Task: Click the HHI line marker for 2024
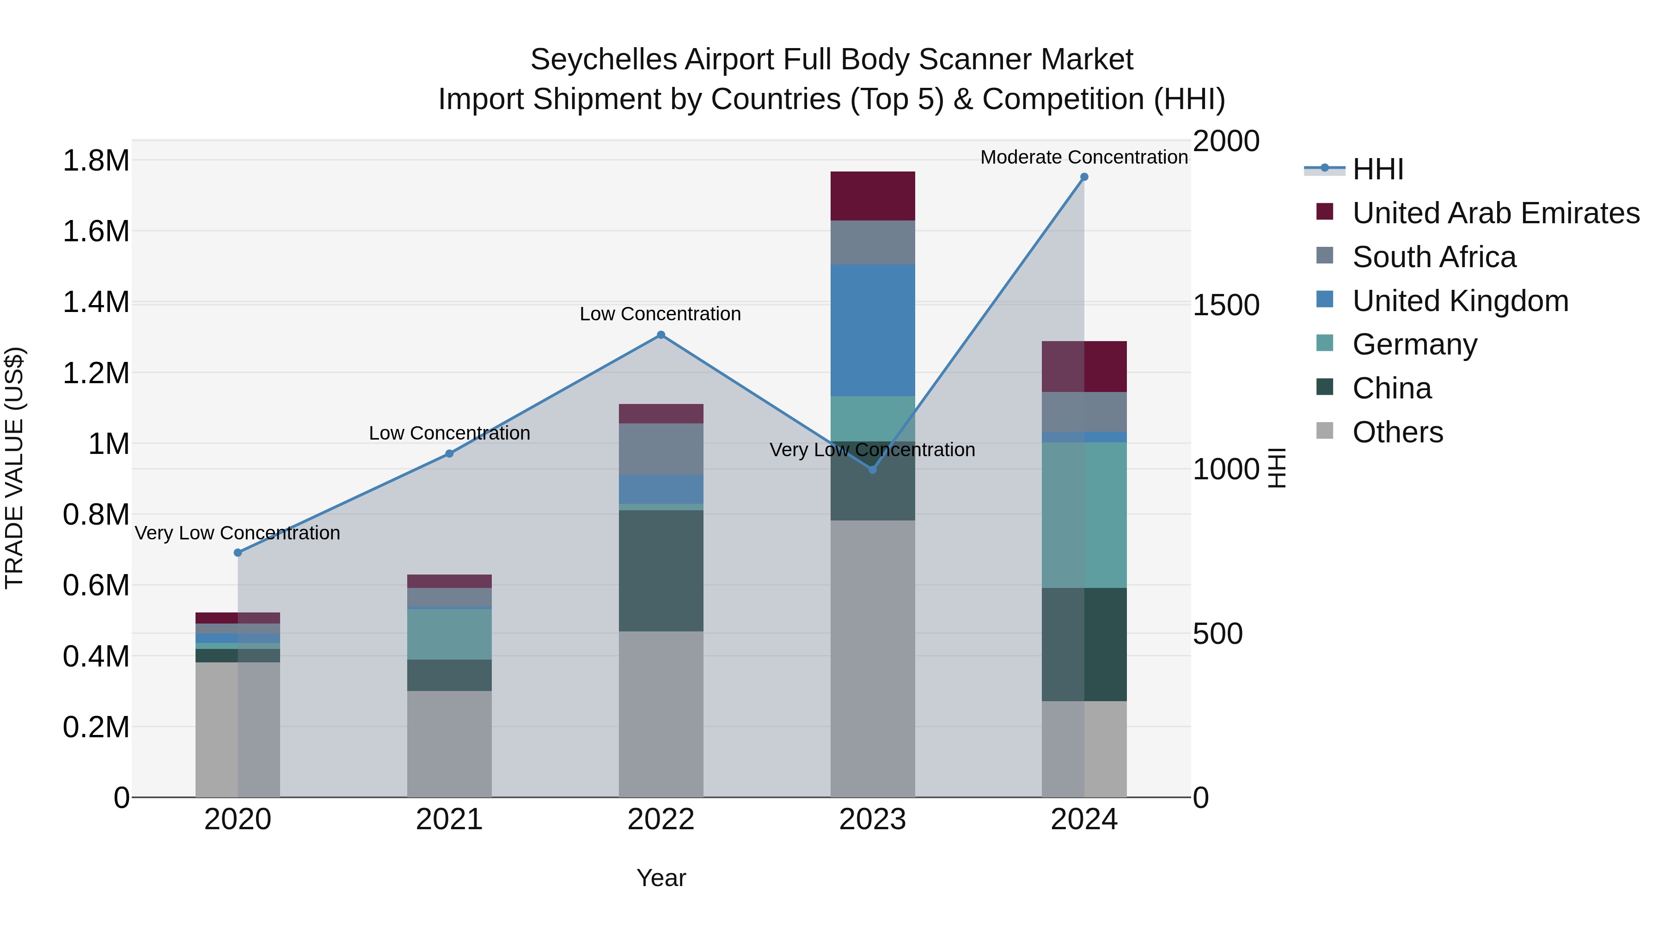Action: point(1084,177)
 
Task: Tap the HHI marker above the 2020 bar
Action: point(238,552)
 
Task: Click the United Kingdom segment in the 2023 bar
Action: point(872,330)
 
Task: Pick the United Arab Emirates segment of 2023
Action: point(872,196)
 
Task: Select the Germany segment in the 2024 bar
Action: point(1084,515)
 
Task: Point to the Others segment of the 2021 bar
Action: point(449,744)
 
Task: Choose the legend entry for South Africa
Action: point(1433,257)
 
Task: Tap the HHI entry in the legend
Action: point(1377,169)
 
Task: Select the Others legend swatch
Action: point(1324,431)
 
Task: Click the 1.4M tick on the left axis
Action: point(96,302)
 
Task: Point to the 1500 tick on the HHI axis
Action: point(1225,305)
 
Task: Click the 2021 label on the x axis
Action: point(449,820)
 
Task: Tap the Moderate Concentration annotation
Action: point(1084,157)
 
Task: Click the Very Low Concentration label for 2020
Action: point(237,533)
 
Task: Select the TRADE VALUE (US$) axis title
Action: point(14,468)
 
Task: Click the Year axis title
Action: point(661,878)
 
